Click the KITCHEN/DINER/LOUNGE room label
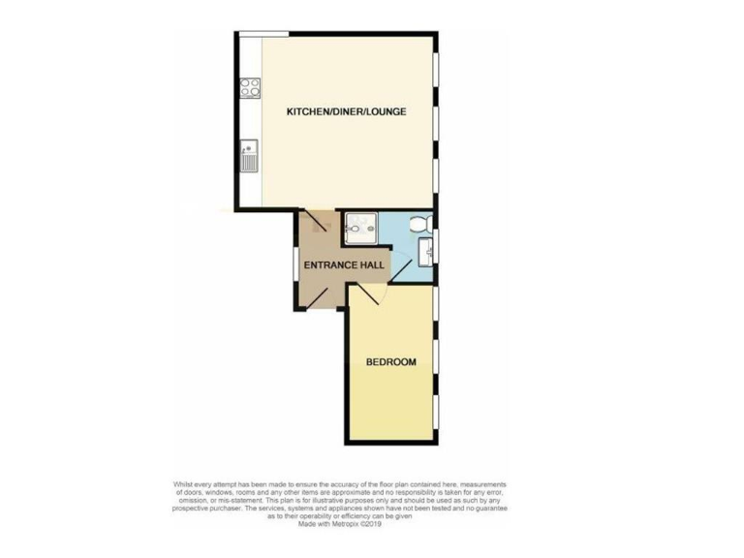(x=346, y=111)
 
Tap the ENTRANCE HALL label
(x=344, y=264)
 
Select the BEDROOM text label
(x=390, y=362)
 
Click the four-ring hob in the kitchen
(x=249, y=87)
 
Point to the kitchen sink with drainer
(x=249, y=154)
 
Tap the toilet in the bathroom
(x=418, y=225)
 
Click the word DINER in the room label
(x=347, y=111)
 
